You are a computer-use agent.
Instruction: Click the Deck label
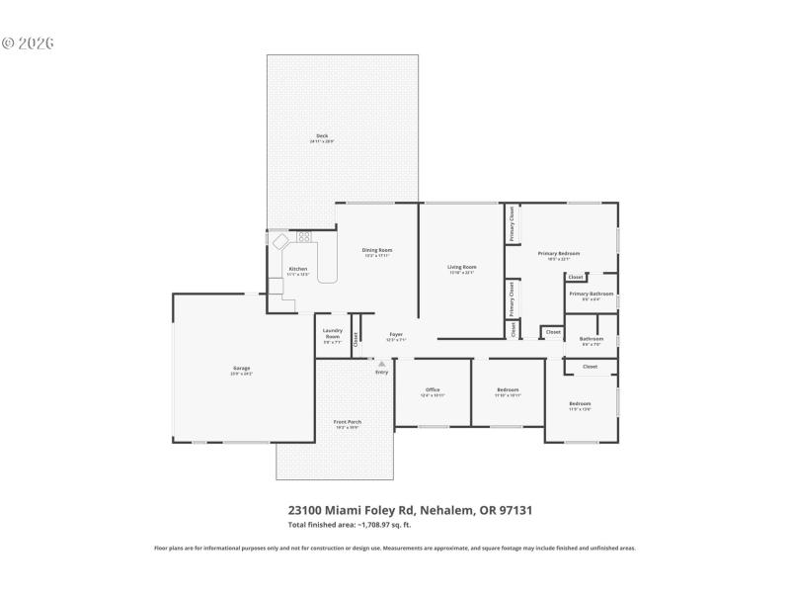click(x=322, y=136)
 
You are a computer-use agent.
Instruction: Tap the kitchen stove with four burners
click(x=304, y=236)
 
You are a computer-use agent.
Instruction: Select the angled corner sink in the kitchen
click(x=280, y=240)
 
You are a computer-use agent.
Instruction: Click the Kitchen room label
click(x=297, y=269)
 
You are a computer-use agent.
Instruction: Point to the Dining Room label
click(x=377, y=250)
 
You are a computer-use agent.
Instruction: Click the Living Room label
click(x=462, y=267)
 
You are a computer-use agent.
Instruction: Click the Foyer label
click(x=396, y=334)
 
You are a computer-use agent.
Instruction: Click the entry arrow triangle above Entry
click(x=381, y=363)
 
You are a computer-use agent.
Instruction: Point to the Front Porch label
click(x=347, y=422)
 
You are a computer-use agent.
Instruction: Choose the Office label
click(x=433, y=390)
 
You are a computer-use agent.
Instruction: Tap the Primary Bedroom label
click(x=558, y=254)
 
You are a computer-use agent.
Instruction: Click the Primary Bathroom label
click(x=592, y=294)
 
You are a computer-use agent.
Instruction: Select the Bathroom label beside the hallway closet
click(x=592, y=338)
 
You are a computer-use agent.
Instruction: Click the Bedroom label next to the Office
click(x=508, y=390)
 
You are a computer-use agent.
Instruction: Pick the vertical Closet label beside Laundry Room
click(x=355, y=339)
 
